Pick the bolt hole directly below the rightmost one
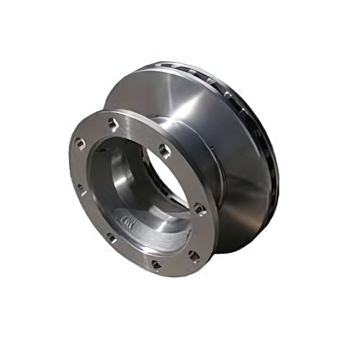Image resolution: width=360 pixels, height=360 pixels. point(194,255)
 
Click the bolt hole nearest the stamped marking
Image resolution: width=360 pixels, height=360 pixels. point(112,236)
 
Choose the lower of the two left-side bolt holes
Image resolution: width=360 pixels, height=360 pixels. point(81,190)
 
